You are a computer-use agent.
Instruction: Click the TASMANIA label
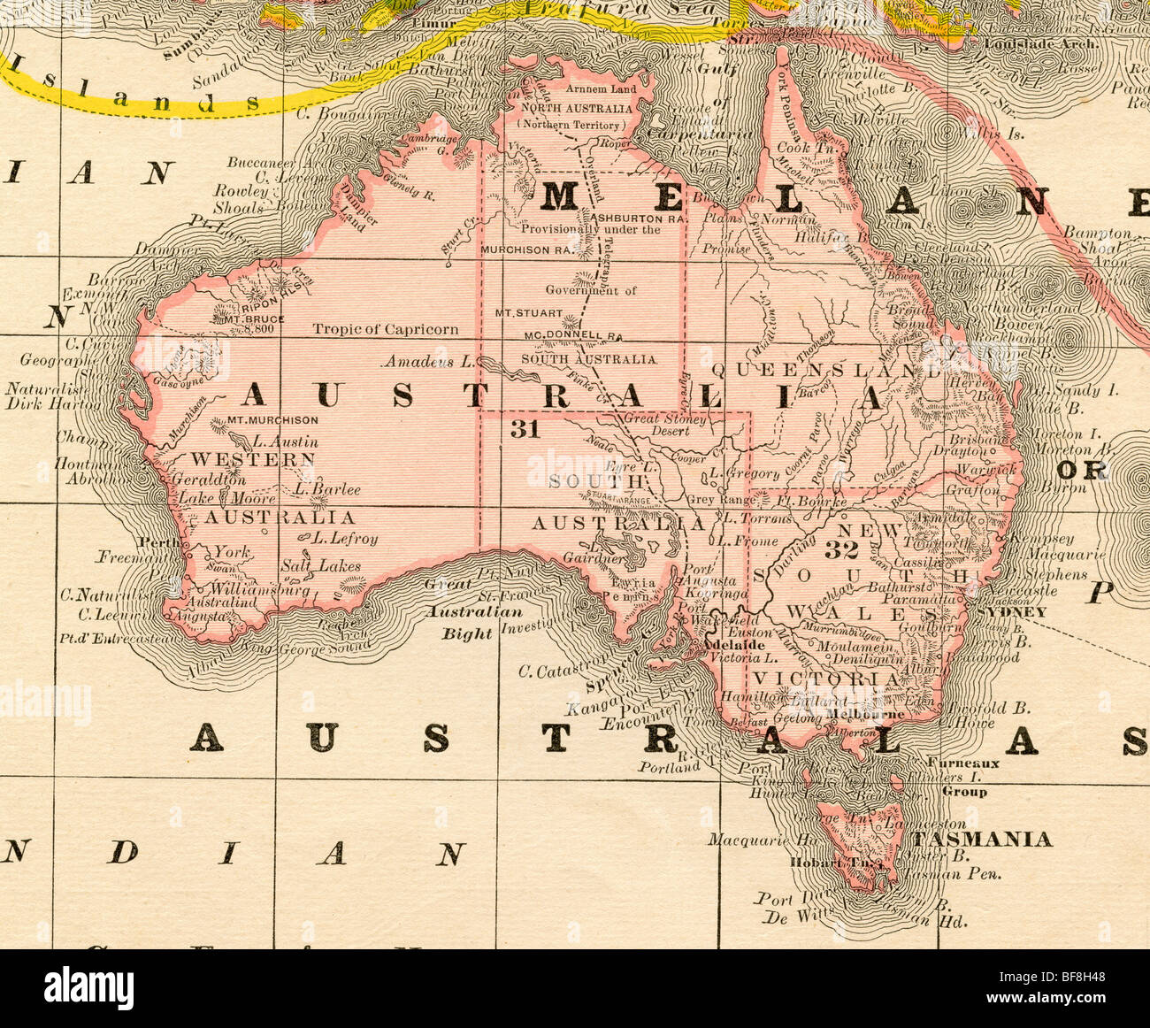982,839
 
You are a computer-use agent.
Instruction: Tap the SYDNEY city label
1015,612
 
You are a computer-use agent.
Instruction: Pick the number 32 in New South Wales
841,549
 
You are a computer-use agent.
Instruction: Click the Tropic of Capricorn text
385,329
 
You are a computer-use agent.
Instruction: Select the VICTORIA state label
826,679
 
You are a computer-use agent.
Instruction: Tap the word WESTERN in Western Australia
253,459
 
